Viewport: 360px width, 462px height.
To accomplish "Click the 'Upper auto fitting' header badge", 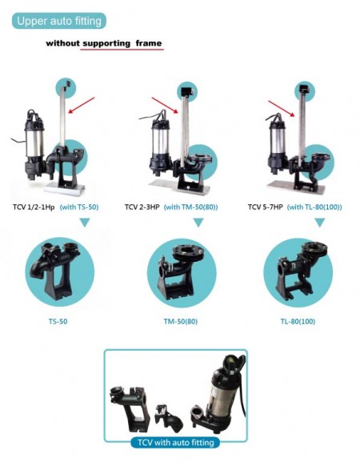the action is (x=59, y=21).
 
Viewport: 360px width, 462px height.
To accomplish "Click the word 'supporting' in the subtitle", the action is (x=106, y=43).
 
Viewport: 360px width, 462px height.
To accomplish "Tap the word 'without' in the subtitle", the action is (x=62, y=43).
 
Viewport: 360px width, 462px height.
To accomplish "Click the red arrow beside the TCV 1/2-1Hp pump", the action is (x=82, y=105).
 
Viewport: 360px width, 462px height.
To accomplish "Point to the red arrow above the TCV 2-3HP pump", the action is (x=165, y=105).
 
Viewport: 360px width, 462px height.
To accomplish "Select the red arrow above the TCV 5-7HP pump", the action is (x=282, y=109).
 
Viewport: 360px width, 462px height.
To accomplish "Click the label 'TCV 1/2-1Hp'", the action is (x=34, y=207).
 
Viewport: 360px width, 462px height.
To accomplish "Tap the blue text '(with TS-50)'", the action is (x=79, y=207).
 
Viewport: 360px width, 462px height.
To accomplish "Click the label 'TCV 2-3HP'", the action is (x=142, y=207).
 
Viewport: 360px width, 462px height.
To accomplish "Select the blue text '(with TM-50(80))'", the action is (x=190, y=207).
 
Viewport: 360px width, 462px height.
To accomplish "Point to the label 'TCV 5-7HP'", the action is (x=266, y=207).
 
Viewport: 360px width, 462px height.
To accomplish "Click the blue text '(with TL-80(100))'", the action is (x=314, y=207).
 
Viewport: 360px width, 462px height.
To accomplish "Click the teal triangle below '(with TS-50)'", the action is (x=85, y=223).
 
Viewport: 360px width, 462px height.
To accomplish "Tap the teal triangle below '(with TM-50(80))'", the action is (x=198, y=223).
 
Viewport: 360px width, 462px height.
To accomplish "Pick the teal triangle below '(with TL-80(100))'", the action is (x=320, y=223).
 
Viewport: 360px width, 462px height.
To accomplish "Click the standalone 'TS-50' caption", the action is (x=58, y=321).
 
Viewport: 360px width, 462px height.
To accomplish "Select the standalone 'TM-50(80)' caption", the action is (x=181, y=321).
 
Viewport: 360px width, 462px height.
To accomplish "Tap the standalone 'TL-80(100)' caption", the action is (x=298, y=321).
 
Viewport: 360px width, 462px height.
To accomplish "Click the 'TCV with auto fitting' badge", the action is (x=175, y=442).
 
